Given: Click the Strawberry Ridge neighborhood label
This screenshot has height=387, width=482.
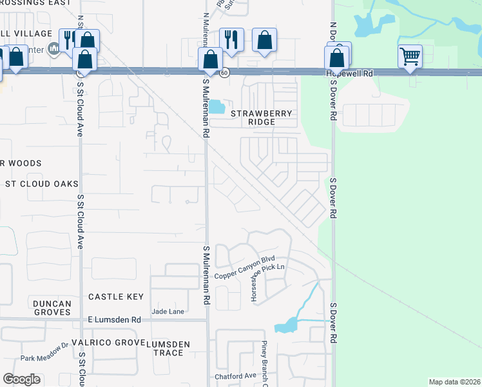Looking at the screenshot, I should coord(262,117).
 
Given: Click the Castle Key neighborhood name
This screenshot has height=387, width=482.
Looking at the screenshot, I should coord(115,297).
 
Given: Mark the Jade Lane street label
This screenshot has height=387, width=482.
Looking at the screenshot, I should coord(168,312).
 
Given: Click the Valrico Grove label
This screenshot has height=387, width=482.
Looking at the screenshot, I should coord(105,342).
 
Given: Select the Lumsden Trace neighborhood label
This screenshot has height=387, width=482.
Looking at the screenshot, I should coord(168,349).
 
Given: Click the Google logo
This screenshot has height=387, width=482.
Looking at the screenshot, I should coord(21,379).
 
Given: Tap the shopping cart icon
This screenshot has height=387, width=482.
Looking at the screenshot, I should coord(410,56).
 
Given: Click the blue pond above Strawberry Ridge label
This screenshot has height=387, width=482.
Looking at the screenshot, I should coord(217,107).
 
